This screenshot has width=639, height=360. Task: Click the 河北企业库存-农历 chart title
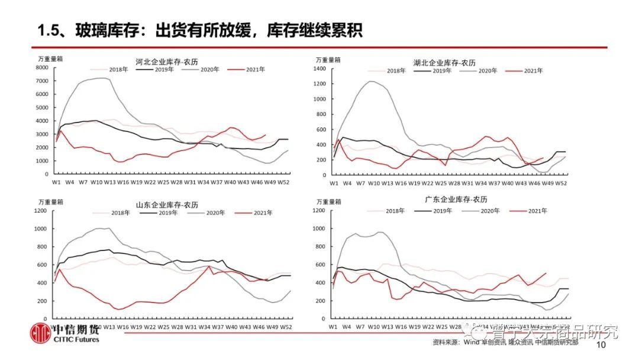coord(166,61)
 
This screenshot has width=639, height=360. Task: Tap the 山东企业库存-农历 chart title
coord(167,205)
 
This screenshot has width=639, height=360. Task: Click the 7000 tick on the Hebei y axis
coord(41,81)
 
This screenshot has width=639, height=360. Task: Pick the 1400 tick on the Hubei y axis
coord(319,69)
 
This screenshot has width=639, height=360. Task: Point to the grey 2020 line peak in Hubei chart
coord(372,81)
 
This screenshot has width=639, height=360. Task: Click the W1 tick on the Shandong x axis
coord(57,326)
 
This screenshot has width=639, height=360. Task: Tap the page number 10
coord(602,345)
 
